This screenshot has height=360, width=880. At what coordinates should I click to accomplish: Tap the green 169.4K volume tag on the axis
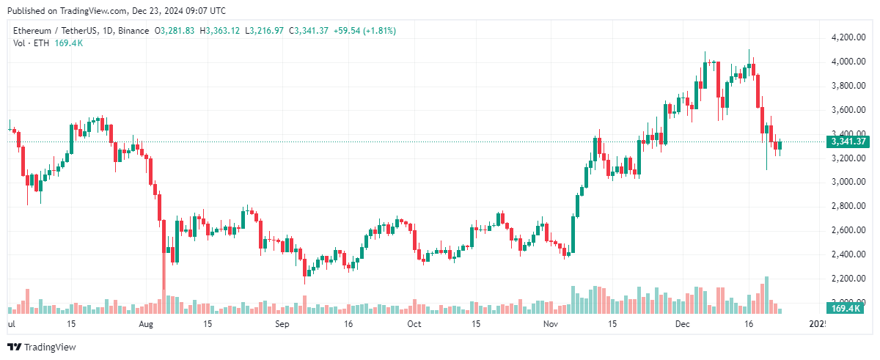pos(844,309)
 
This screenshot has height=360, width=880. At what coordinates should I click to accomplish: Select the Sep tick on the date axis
pos(283,323)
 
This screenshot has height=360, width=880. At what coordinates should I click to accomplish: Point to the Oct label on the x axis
pos(414,323)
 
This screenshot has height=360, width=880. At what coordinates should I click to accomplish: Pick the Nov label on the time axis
pos(550,323)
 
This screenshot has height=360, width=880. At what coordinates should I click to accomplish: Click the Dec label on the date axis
pos(683,323)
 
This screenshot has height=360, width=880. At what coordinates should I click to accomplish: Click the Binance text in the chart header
pos(133,31)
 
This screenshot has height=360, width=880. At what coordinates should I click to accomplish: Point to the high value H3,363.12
pos(223,31)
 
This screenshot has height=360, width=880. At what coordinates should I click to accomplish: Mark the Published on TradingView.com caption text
pos(117,11)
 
